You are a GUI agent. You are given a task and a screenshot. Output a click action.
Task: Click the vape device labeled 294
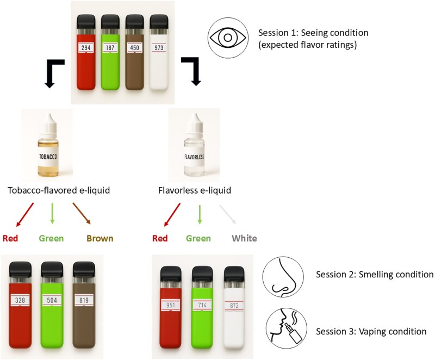coord(86,52)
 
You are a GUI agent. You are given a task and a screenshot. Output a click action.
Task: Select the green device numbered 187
coord(110,52)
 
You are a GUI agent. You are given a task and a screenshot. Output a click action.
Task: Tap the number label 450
coord(134,48)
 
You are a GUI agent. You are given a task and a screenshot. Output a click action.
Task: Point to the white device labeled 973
coord(159,52)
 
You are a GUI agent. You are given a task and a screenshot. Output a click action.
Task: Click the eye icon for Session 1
coord(228,38)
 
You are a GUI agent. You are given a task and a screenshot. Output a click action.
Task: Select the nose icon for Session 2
coord(283,276)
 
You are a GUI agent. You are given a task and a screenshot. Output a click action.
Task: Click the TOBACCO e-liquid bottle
coord(48,145)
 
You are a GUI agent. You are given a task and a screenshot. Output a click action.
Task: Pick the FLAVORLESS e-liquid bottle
coord(194,145)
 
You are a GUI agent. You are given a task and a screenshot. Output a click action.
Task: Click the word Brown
coord(100,238)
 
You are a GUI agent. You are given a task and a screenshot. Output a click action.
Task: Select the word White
coord(244,238)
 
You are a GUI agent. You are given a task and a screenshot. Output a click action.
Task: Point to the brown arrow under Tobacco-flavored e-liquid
coord(82,213)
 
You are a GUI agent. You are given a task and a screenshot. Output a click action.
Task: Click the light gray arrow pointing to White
coord(228,214)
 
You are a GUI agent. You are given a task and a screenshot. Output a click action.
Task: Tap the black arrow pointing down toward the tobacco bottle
coord(55,73)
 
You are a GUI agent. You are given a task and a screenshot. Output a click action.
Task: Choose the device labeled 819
coord(84,305)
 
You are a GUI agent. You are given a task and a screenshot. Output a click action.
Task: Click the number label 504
coord(52,300)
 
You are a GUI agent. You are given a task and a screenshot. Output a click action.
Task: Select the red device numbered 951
coord(171,307)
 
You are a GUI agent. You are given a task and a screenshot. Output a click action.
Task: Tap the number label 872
coord(234,306)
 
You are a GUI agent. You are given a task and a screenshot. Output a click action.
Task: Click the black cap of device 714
coord(202,273)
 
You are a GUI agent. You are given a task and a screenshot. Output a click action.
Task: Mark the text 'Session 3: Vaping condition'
coord(371,331)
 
